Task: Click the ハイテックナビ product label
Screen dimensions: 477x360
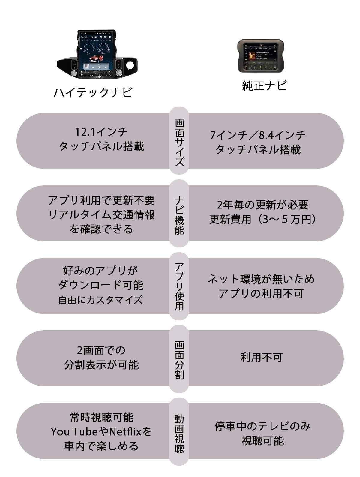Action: (93, 93)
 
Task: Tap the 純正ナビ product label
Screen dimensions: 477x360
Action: (264, 86)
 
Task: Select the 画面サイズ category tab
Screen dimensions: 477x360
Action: (179, 141)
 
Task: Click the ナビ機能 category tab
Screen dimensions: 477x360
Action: (179, 213)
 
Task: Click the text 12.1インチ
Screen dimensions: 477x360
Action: (101, 132)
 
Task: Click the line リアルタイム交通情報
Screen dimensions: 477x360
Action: (101, 215)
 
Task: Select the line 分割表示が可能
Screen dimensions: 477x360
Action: (101, 365)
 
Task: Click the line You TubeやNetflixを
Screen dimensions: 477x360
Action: (101, 432)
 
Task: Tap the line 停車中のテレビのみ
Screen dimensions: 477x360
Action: (262, 426)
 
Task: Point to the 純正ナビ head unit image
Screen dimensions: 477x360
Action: (261, 56)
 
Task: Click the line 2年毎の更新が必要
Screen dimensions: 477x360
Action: (262, 205)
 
